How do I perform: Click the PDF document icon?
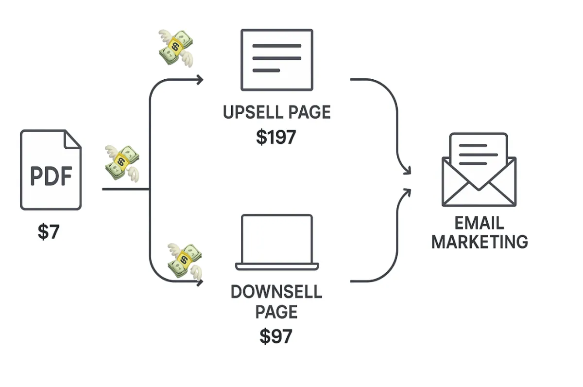click(51, 170)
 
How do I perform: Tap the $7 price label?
click(49, 231)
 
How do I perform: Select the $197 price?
click(276, 137)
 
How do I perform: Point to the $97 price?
click(276, 336)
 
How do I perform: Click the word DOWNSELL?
click(276, 292)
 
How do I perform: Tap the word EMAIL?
click(479, 223)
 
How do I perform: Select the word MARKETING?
click(480, 242)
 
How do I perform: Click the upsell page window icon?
click(277, 60)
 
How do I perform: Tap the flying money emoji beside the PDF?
click(122, 163)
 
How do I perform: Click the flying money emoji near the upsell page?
click(176, 49)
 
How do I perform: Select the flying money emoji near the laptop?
click(185, 262)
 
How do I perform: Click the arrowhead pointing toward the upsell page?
click(200, 80)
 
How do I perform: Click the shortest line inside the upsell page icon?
click(266, 70)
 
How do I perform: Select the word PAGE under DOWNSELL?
click(276, 312)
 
